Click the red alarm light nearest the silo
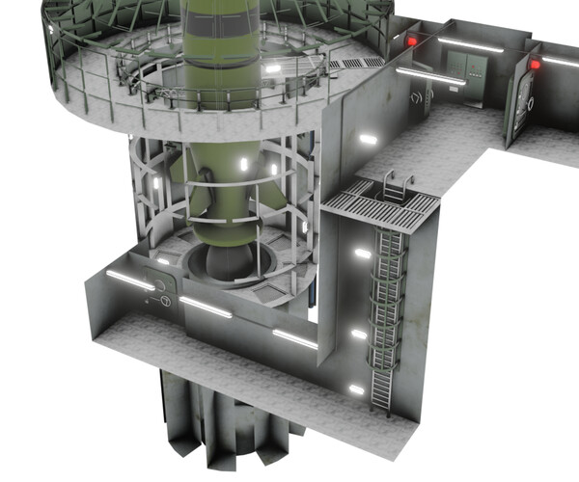click(x=411, y=41)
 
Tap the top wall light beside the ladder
click(x=362, y=254)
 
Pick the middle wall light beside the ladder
click(x=359, y=335)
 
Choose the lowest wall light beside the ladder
click(x=356, y=390)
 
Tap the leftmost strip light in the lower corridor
click(x=129, y=280)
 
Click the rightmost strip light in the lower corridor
click(x=293, y=338)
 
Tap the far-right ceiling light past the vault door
click(x=561, y=61)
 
